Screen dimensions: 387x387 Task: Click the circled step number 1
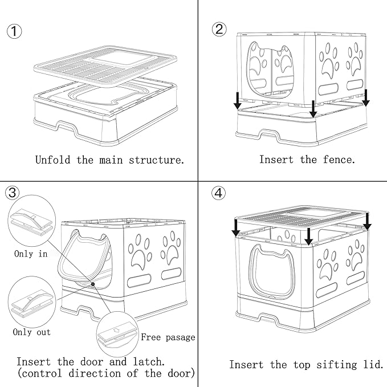pyautogui.click(x=15, y=31)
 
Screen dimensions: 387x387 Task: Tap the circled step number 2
pyautogui.click(x=219, y=30)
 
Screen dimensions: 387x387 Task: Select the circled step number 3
pyautogui.click(x=11, y=193)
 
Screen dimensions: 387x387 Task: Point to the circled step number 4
pyautogui.click(x=218, y=193)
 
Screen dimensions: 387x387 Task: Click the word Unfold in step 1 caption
pyautogui.click(x=54, y=160)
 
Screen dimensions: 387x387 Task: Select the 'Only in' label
pyautogui.click(x=31, y=254)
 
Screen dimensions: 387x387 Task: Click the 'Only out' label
pyautogui.click(x=32, y=332)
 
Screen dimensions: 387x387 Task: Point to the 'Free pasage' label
pyautogui.click(x=168, y=337)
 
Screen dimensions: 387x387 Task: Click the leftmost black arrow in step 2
pyautogui.click(x=237, y=101)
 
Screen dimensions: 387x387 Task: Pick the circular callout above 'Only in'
pyautogui.click(x=31, y=221)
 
